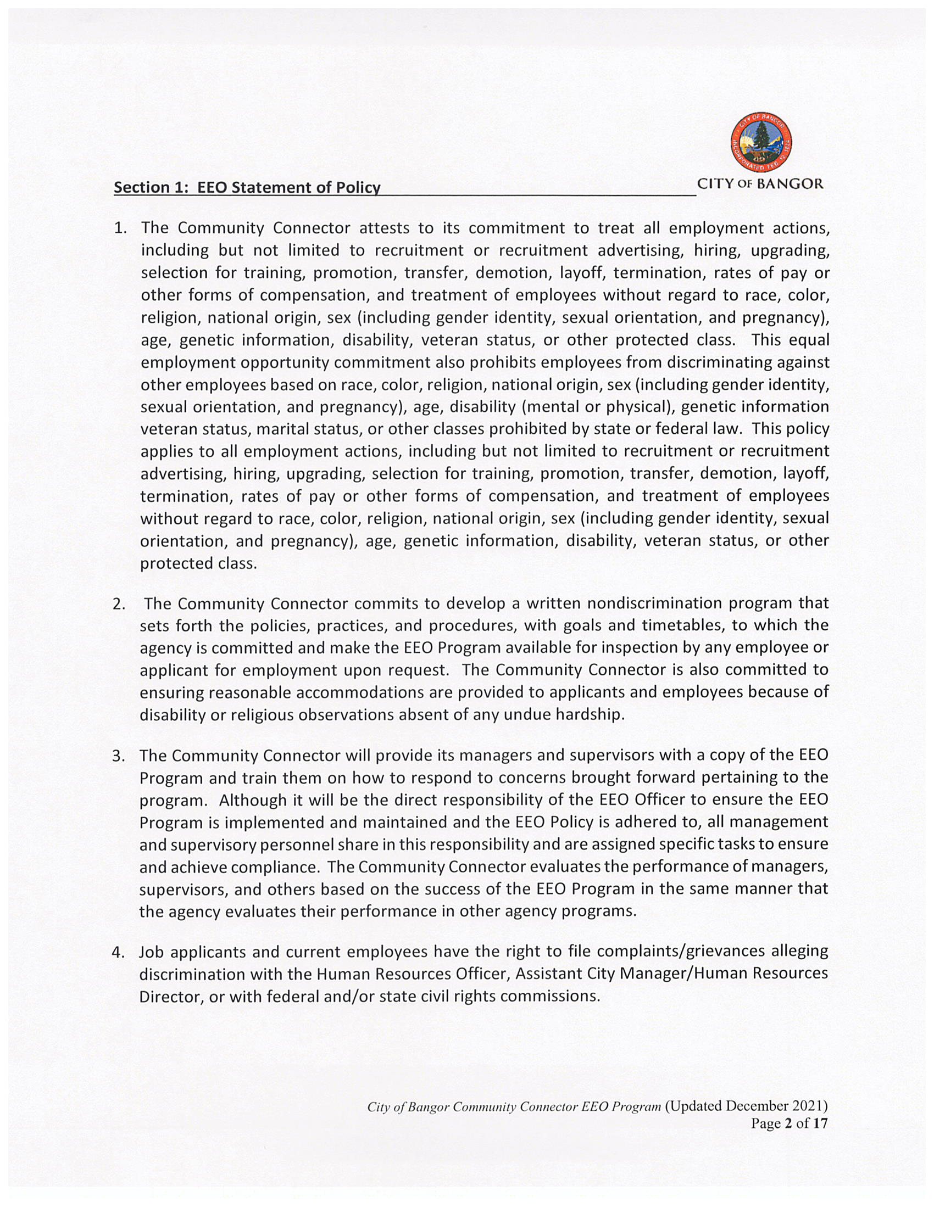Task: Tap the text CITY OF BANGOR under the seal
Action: click(x=760, y=184)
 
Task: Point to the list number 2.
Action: click(x=120, y=603)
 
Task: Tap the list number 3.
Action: click(x=119, y=756)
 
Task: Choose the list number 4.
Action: click(x=119, y=953)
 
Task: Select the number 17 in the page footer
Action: click(x=821, y=1123)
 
